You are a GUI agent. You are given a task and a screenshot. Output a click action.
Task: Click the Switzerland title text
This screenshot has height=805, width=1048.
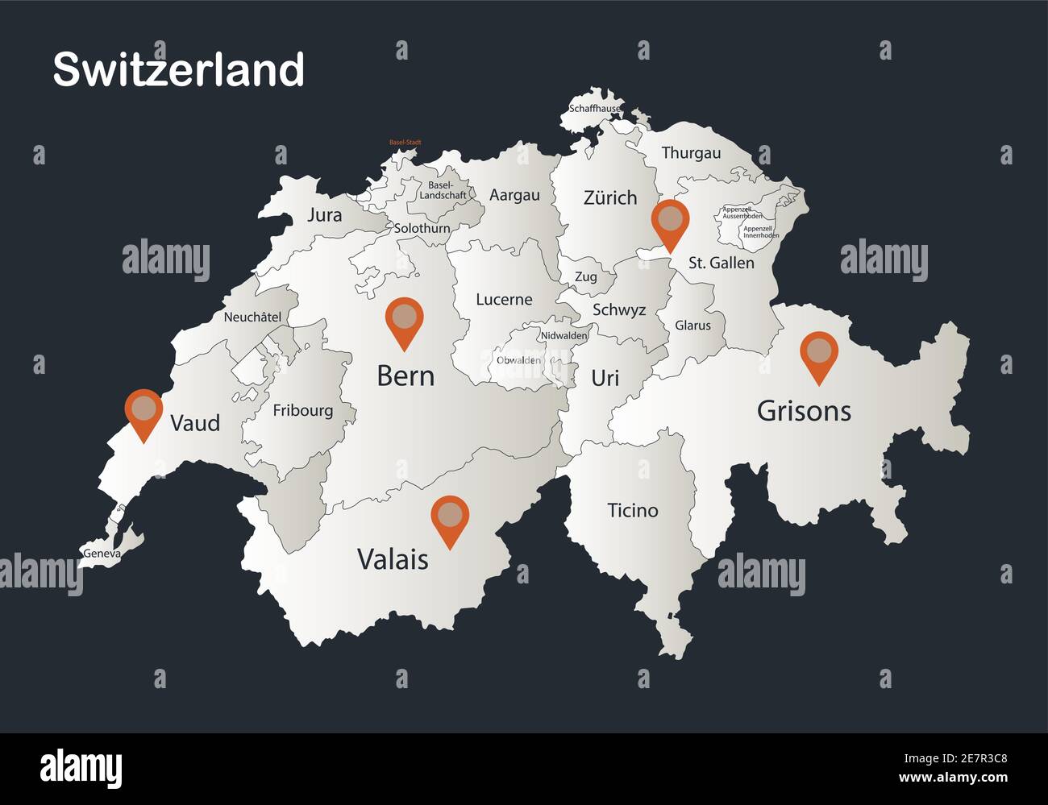click(178, 69)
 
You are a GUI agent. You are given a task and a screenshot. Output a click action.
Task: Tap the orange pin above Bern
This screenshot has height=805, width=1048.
click(404, 320)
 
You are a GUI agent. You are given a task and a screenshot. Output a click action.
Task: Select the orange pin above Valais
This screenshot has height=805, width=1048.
click(450, 518)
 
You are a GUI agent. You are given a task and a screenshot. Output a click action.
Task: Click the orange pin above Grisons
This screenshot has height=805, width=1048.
click(819, 355)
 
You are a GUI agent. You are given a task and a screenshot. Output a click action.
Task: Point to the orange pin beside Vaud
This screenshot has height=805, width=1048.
click(144, 412)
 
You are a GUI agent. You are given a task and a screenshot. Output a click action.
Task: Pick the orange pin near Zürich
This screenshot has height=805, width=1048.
click(670, 222)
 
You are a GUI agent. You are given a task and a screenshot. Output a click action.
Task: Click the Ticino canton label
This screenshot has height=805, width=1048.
click(633, 510)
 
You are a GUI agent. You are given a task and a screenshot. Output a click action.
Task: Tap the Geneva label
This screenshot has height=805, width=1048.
click(102, 554)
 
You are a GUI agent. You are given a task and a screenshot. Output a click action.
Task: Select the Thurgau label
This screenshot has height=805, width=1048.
click(691, 152)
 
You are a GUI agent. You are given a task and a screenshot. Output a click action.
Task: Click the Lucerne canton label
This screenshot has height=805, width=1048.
click(504, 300)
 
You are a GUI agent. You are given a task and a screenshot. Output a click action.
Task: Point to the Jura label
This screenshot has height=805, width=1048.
click(324, 215)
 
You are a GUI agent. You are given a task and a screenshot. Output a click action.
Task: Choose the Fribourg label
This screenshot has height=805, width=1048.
click(302, 410)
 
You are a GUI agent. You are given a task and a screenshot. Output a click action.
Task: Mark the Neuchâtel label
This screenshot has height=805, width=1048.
click(252, 317)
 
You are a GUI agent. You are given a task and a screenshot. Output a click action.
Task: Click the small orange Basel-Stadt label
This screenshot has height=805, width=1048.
click(405, 143)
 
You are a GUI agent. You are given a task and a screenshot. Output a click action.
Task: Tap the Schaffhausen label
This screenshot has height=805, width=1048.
click(596, 108)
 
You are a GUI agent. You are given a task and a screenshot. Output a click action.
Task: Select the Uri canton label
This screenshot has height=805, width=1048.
click(605, 377)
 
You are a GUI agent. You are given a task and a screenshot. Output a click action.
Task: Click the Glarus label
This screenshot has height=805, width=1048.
click(692, 326)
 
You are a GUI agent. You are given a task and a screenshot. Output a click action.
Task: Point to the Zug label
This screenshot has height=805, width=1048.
click(586, 277)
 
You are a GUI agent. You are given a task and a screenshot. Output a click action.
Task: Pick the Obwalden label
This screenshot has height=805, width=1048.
click(518, 360)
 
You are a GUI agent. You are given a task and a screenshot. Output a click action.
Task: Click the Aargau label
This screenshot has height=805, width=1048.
click(514, 195)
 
